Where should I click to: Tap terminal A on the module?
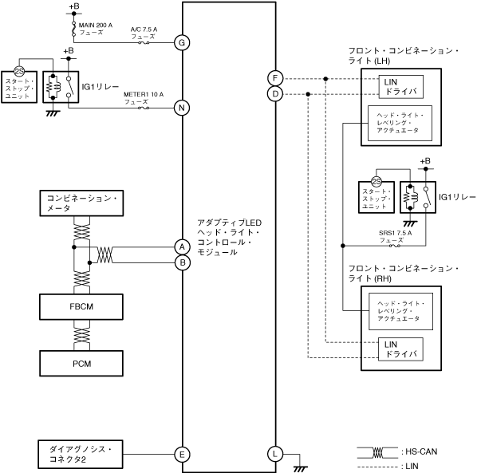(183, 246)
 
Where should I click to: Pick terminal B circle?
(183, 261)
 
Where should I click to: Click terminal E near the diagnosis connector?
(183, 454)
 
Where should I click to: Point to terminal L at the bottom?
(275, 454)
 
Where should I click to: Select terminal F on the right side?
(275, 78)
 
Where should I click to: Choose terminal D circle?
(275, 94)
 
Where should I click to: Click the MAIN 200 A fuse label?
(96, 30)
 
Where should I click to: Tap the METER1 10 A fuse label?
(144, 97)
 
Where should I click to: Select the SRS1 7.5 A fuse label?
(395, 235)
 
